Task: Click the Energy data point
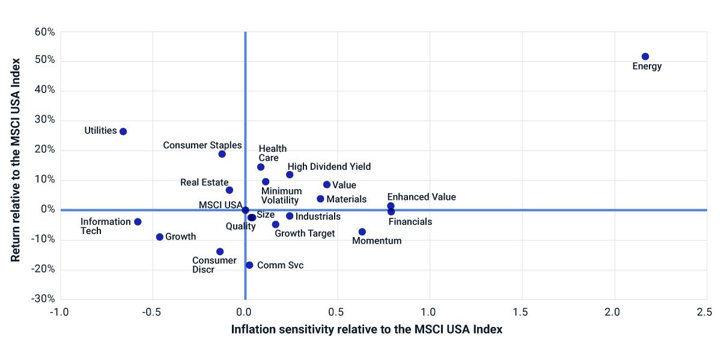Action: [645, 56]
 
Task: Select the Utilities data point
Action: [123, 131]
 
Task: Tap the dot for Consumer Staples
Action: [222, 154]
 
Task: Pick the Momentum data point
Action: [362, 232]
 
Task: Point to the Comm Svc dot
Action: [249, 265]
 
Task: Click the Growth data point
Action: [160, 237]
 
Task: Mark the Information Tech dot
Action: [138, 222]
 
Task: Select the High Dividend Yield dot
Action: [290, 175]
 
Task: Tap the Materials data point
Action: [320, 199]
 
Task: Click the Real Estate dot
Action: [230, 190]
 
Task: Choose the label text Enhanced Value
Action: [421, 197]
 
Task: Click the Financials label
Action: [410, 221]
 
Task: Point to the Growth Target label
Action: [305, 233]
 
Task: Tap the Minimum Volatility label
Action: [281, 196]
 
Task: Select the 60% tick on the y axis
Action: [44, 31]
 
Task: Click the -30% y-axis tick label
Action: [43, 299]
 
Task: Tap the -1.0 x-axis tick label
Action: [59, 313]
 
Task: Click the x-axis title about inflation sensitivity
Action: [367, 329]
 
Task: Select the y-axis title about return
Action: [16, 160]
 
